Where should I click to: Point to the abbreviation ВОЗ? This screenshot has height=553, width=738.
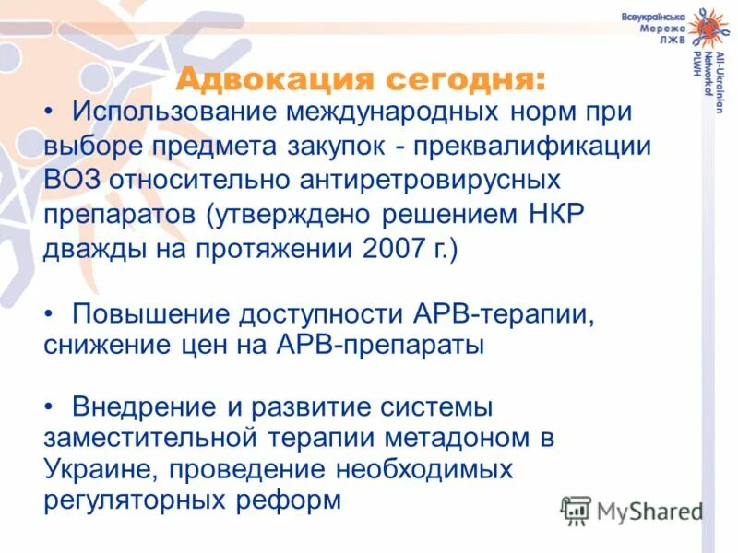coord(73,181)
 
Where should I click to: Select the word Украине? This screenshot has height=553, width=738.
coord(98,469)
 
